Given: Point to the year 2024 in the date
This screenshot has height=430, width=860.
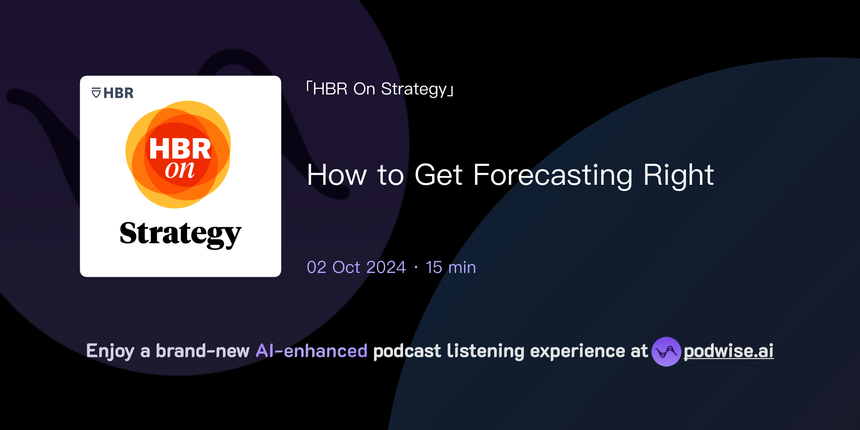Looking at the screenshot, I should point(385,267).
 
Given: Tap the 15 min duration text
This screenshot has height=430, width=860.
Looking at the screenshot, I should point(451,267).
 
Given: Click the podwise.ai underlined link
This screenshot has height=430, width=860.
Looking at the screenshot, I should point(728,351).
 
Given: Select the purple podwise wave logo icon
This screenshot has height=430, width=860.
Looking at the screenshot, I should point(666,351).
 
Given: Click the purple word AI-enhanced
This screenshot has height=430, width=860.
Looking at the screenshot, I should point(312,351).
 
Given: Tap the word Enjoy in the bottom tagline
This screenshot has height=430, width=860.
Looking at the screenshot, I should point(110,351).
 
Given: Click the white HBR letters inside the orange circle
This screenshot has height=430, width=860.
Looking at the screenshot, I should point(180,149).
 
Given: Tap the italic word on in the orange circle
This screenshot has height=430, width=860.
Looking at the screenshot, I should point(180,170).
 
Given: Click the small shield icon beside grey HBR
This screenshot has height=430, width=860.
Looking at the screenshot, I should point(96,93).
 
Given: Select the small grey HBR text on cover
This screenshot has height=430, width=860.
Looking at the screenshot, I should point(118,93).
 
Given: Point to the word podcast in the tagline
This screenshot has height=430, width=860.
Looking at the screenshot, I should point(407,351).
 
